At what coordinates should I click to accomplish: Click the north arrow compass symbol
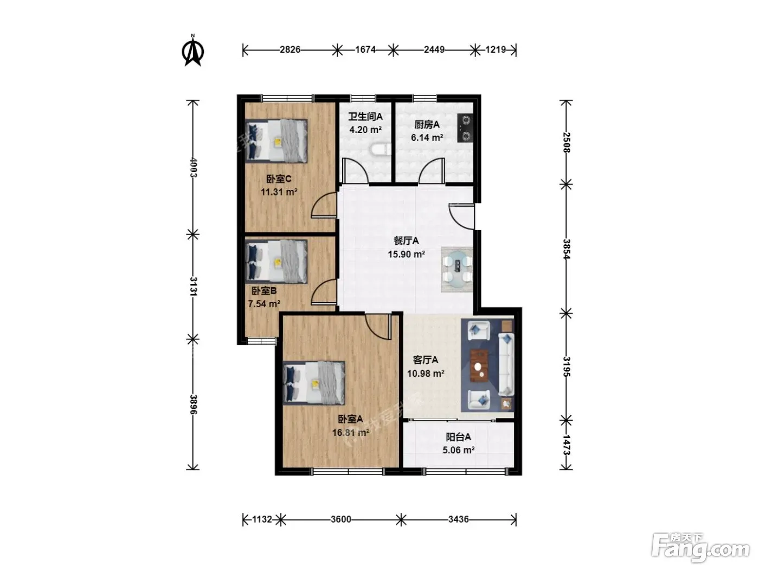coord(192,50)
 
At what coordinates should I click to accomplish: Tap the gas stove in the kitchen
coord(465,128)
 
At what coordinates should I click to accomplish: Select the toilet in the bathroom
coord(381,150)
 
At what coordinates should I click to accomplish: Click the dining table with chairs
coord(457,269)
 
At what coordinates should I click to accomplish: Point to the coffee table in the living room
coord(479,366)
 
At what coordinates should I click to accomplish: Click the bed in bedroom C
coord(276,141)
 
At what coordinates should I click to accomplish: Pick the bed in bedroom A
coord(314,383)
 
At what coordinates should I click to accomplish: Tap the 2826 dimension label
coord(290,50)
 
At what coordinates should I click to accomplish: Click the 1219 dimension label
coord(495,50)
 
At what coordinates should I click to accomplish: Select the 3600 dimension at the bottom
coord(340,519)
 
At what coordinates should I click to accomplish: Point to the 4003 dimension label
coord(194,168)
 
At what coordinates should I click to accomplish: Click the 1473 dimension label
coord(566,445)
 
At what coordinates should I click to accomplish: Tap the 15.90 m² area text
coord(406,255)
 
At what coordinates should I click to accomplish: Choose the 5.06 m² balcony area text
coord(458,450)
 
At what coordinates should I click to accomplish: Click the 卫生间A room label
coord(365,117)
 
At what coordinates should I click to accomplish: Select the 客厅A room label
coord(426,360)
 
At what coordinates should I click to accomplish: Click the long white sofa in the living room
coord(506,364)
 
